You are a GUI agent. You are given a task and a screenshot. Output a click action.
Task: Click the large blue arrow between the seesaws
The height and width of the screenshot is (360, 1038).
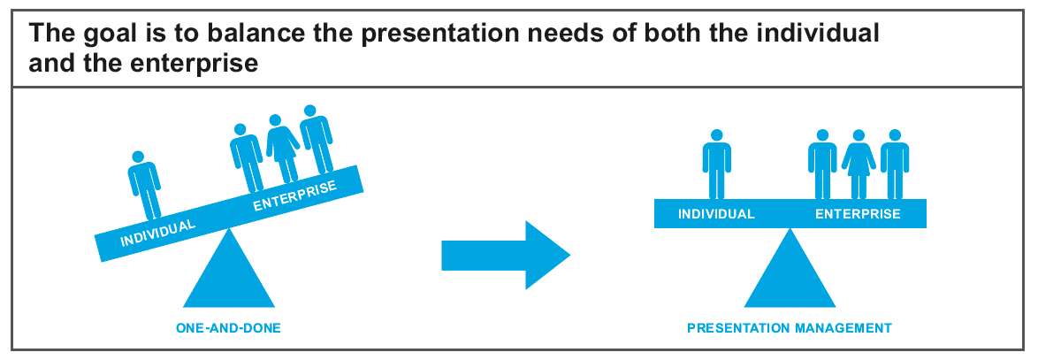point(506,256)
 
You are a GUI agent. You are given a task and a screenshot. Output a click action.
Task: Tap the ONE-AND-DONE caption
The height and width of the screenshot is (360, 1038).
point(228,328)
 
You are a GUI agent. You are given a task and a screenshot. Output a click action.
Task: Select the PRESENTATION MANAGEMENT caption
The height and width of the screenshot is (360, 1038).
point(790,328)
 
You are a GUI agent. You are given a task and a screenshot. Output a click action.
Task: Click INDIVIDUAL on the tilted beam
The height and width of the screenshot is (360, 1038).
point(158,233)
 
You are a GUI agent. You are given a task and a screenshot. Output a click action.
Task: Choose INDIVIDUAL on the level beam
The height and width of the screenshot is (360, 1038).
point(716,214)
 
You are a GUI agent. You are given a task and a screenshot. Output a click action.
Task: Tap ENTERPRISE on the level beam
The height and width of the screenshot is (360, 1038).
point(858,214)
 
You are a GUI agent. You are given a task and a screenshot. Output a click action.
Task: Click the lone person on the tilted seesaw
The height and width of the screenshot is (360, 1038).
point(144,185)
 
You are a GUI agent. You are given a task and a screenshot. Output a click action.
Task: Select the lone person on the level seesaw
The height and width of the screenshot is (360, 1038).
point(716,165)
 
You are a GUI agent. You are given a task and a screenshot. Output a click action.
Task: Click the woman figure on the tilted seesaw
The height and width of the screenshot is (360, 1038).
point(282,149)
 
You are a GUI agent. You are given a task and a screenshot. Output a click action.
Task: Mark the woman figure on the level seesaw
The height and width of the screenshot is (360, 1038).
point(859,165)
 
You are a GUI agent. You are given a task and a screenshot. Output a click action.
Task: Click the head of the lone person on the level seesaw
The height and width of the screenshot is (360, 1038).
point(716,135)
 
